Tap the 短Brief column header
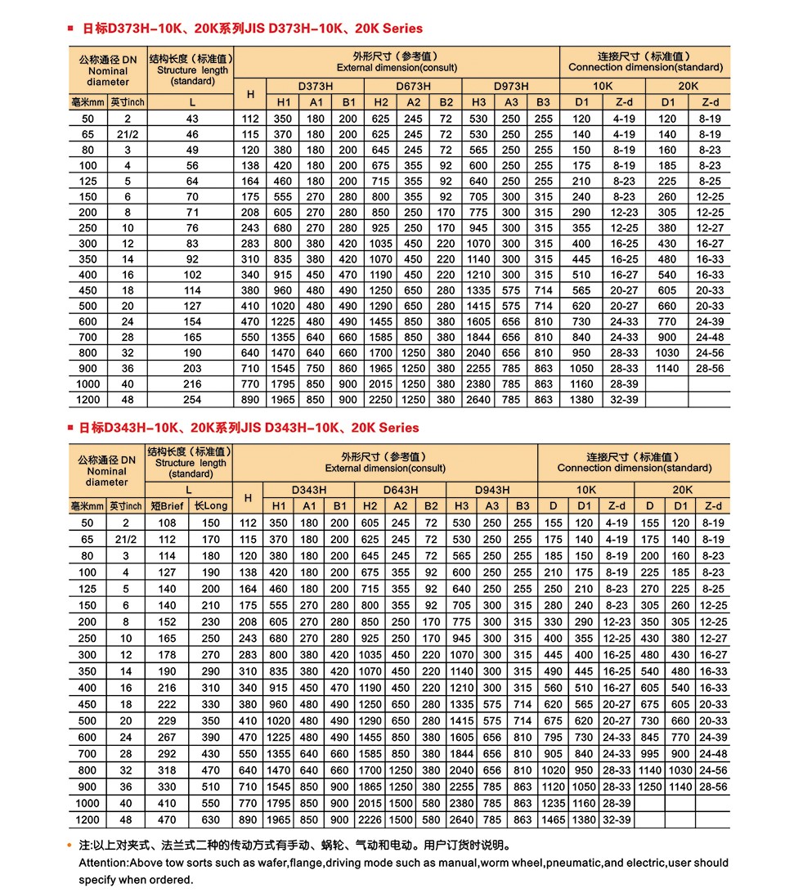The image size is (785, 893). (168, 506)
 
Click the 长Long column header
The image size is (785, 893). (211, 506)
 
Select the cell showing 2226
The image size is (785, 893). (370, 819)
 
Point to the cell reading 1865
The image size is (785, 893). (370, 788)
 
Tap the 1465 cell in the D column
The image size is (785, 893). (554, 819)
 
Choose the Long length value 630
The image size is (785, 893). (211, 819)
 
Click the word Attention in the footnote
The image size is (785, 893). (103, 863)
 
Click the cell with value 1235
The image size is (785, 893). (554, 803)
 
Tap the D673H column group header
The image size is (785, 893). (414, 86)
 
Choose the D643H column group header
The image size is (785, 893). (401, 489)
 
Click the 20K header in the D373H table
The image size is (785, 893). (688, 86)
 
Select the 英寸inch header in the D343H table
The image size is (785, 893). (127, 506)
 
